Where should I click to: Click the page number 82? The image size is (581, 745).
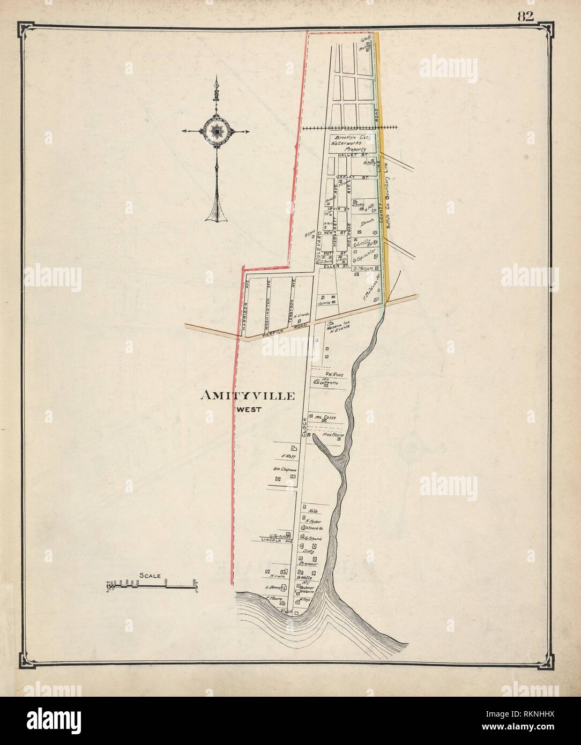tap(525, 16)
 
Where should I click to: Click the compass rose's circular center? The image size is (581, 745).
tap(217, 131)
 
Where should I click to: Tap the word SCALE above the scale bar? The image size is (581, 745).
tap(150, 576)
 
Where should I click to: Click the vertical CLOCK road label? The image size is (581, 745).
tap(303, 429)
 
